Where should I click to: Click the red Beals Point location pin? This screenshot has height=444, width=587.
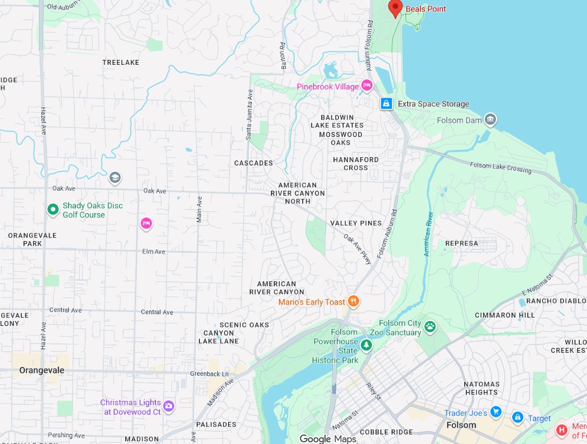click(395, 7)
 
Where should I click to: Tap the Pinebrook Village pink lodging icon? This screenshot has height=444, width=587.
click(367, 86)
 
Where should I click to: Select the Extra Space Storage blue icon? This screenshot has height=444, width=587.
click(386, 103)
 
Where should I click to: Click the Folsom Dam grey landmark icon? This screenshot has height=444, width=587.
click(490, 119)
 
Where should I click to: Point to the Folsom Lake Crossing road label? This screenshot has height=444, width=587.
click(501, 168)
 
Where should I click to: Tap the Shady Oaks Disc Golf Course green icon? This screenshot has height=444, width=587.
click(53, 210)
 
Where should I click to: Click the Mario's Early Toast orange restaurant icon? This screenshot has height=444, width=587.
click(353, 301)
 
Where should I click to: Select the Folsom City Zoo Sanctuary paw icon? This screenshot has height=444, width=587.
click(429, 327)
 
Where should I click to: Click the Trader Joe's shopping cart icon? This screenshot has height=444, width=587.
click(496, 413)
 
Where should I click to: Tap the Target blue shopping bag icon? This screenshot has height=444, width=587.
click(517, 418)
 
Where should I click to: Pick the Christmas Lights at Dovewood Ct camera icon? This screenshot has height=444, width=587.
click(169, 406)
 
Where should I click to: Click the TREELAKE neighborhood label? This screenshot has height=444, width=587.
click(121, 63)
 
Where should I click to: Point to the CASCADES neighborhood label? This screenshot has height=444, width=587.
click(254, 163)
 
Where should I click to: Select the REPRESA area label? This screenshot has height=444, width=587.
click(461, 243)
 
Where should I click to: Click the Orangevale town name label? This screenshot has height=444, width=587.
click(42, 370)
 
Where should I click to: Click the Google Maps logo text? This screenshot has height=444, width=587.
click(328, 439)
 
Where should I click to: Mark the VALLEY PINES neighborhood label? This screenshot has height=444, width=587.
click(356, 223)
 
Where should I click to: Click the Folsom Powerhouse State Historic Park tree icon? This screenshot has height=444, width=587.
click(366, 345)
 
